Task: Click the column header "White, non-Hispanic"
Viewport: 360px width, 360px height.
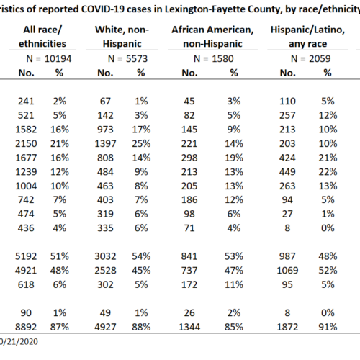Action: (122, 37)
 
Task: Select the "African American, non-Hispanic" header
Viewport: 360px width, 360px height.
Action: (212, 37)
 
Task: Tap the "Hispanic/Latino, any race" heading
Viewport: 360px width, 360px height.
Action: (307, 37)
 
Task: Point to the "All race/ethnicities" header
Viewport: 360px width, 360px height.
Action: (42, 37)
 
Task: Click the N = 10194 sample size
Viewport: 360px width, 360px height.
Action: (49, 59)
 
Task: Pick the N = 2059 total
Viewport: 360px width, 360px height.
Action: (311, 59)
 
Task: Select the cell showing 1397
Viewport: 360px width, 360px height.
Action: (105, 144)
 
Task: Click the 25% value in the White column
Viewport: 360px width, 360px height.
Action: (141, 144)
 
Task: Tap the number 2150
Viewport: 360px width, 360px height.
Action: (26, 144)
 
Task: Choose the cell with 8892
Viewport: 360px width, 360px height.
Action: (26, 327)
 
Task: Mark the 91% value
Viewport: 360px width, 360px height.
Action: (328, 327)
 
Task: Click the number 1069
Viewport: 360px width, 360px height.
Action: (287, 271)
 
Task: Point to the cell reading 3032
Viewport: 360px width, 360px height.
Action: (105, 256)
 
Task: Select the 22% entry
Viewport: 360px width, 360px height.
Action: (328, 172)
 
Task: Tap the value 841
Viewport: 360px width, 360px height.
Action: (189, 256)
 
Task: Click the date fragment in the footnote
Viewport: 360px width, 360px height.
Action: (19, 342)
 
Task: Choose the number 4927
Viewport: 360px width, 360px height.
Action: (105, 327)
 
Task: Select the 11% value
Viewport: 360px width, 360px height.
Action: (234, 284)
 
